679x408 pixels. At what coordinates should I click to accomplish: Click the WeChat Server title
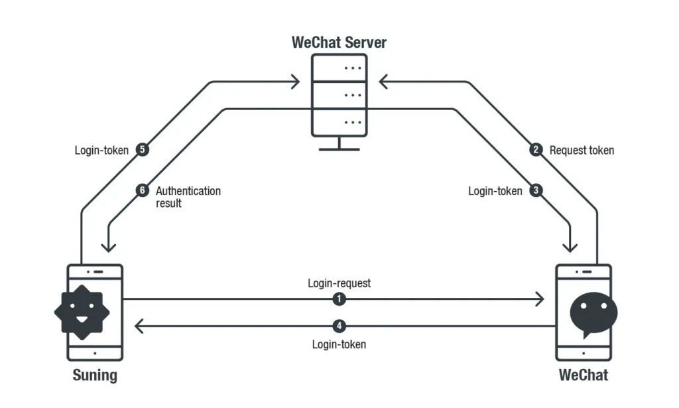click(339, 42)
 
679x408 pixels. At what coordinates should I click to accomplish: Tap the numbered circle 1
click(339, 299)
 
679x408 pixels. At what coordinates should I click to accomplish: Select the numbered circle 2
click(536, 150)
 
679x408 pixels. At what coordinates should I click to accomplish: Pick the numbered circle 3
click(536, 190)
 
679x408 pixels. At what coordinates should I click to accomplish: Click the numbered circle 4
click(339, 326)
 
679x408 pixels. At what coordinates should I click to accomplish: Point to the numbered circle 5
click(143, 150)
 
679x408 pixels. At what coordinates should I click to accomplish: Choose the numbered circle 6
click(143, 190)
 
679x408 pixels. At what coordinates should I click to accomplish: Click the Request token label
click(582, 151)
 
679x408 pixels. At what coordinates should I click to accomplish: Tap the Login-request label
click(339, 283)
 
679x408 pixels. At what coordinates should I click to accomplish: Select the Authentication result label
click(188, 197)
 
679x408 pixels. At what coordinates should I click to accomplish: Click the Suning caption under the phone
click(95, 375)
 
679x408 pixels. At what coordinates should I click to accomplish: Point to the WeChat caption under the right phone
click(584, 375)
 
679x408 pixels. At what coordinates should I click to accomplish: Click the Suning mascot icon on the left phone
click(82, 312)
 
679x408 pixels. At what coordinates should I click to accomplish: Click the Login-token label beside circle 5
click(101, 151)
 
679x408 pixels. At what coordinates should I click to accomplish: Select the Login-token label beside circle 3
click(495, 191)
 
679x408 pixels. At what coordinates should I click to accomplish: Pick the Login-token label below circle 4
click(339, 344)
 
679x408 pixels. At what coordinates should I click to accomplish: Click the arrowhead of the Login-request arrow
click(540, 299)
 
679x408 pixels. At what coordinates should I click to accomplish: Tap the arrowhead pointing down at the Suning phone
click(108, 247)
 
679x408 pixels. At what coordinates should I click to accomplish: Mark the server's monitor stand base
click(339, 149)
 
